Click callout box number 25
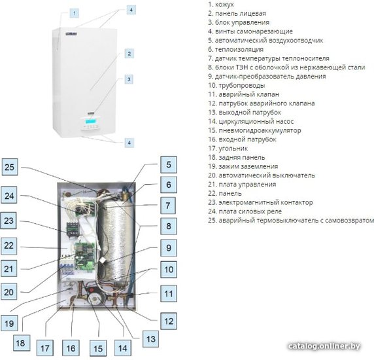[x=10, y=167]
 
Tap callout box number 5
[x=169, y=164]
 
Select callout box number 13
[x=151, y=339]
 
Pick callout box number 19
[x=9, y=323]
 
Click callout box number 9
[x=169, y=248]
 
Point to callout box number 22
[x=8, y=245]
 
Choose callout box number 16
[x=71, y=348]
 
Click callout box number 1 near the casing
[x=75, y=13]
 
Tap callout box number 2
[x=129, y=54]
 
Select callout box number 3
[x=129, y=79]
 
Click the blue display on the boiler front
[x=90, y=122]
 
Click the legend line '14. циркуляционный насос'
[x=250, y=121]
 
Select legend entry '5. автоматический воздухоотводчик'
[x=265, y=41]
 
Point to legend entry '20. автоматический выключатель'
[x=261, y=175]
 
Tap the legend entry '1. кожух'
[x=220, y=5]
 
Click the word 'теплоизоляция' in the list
[x=239, y=49]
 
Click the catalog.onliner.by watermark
[x=324, y=346]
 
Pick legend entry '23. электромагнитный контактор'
[x=260, y=202]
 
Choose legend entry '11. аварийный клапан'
[x=243, y=94]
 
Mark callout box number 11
[x=169, y=294]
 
